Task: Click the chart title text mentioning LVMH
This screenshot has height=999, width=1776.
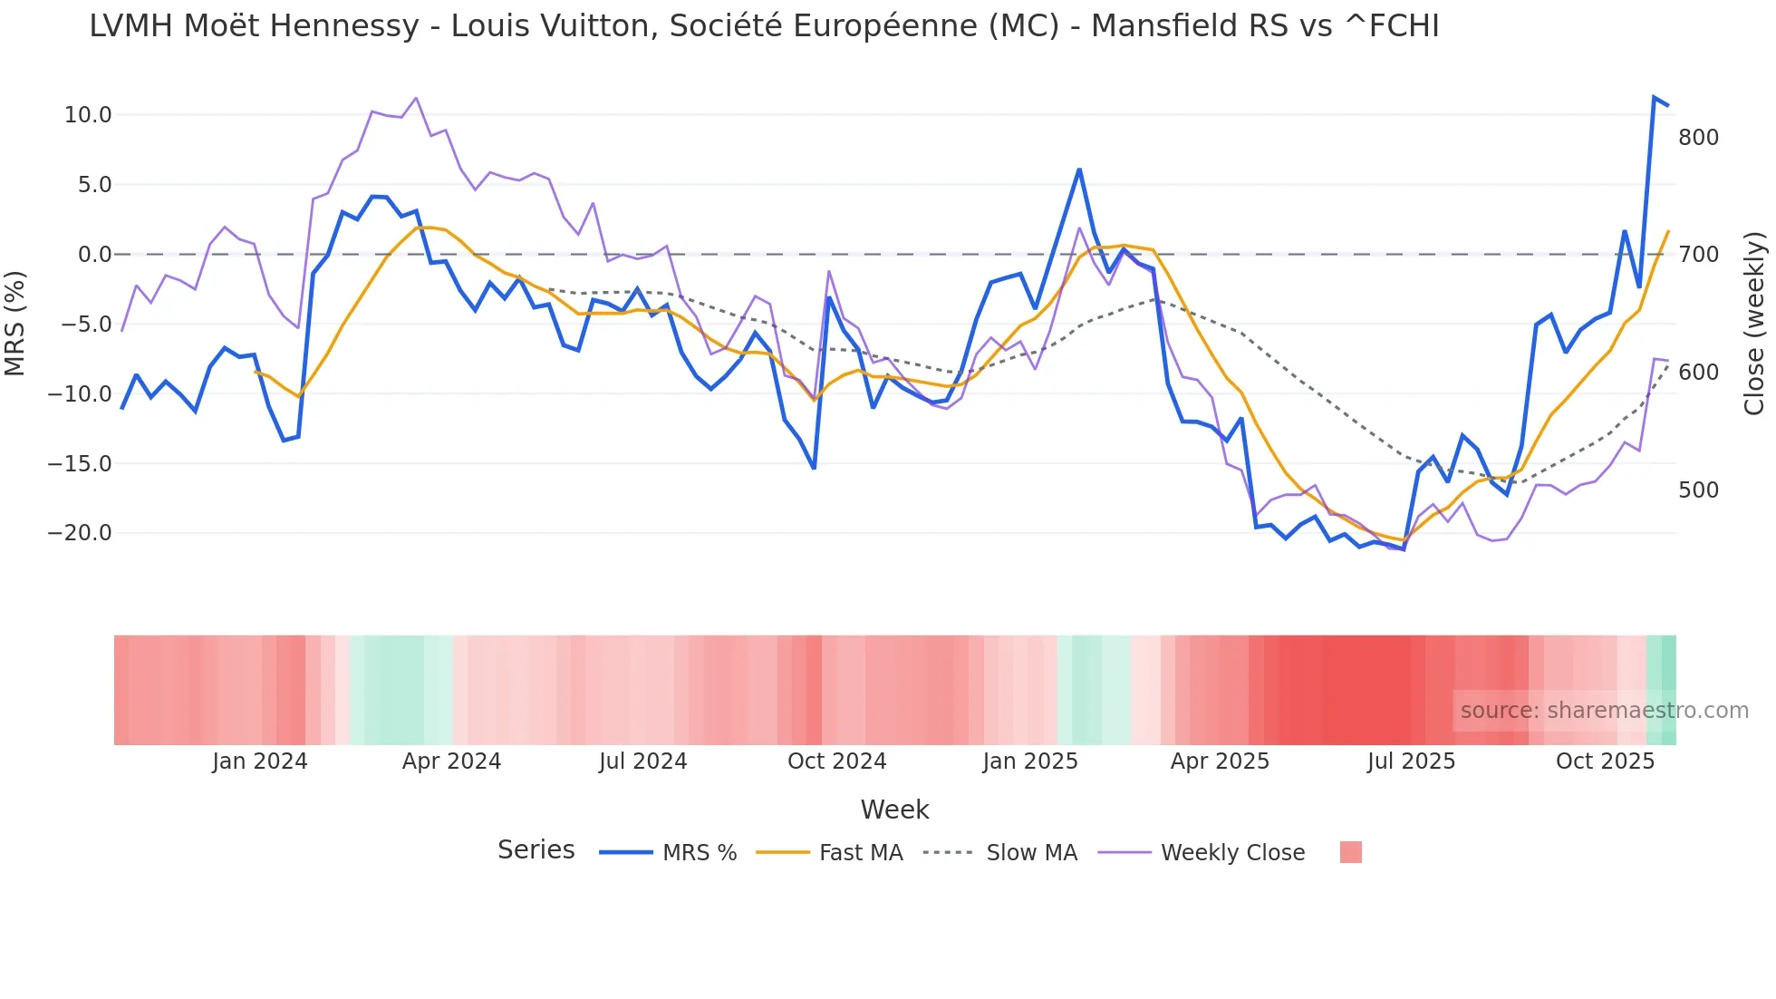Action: coord(763,27)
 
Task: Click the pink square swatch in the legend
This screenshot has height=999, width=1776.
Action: coord(1350,852)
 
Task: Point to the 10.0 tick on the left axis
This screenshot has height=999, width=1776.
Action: coord(88,115)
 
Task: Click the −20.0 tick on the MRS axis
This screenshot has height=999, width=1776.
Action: coord(80,533)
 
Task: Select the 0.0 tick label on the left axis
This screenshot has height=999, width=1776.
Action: coord(94,255)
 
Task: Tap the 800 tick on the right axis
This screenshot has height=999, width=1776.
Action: coord(1698,138)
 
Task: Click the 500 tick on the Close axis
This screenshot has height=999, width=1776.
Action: coord(1698,490)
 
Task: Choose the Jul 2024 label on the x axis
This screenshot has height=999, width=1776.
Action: coord(642,761)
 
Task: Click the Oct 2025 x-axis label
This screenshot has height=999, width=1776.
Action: coord(1605,761)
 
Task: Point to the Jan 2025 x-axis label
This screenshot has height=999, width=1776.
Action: coord(1030,761)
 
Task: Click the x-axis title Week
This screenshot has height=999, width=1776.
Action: coord(894,810)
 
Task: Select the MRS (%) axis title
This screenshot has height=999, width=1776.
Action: coord(15,324)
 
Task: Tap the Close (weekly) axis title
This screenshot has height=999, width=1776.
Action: coord(1754,324)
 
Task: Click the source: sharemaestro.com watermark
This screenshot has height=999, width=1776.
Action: coord(1604,711)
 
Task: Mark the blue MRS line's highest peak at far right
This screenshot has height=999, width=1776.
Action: coord(1654,97)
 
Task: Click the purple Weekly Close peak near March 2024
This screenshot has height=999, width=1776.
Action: coord(416,98)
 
